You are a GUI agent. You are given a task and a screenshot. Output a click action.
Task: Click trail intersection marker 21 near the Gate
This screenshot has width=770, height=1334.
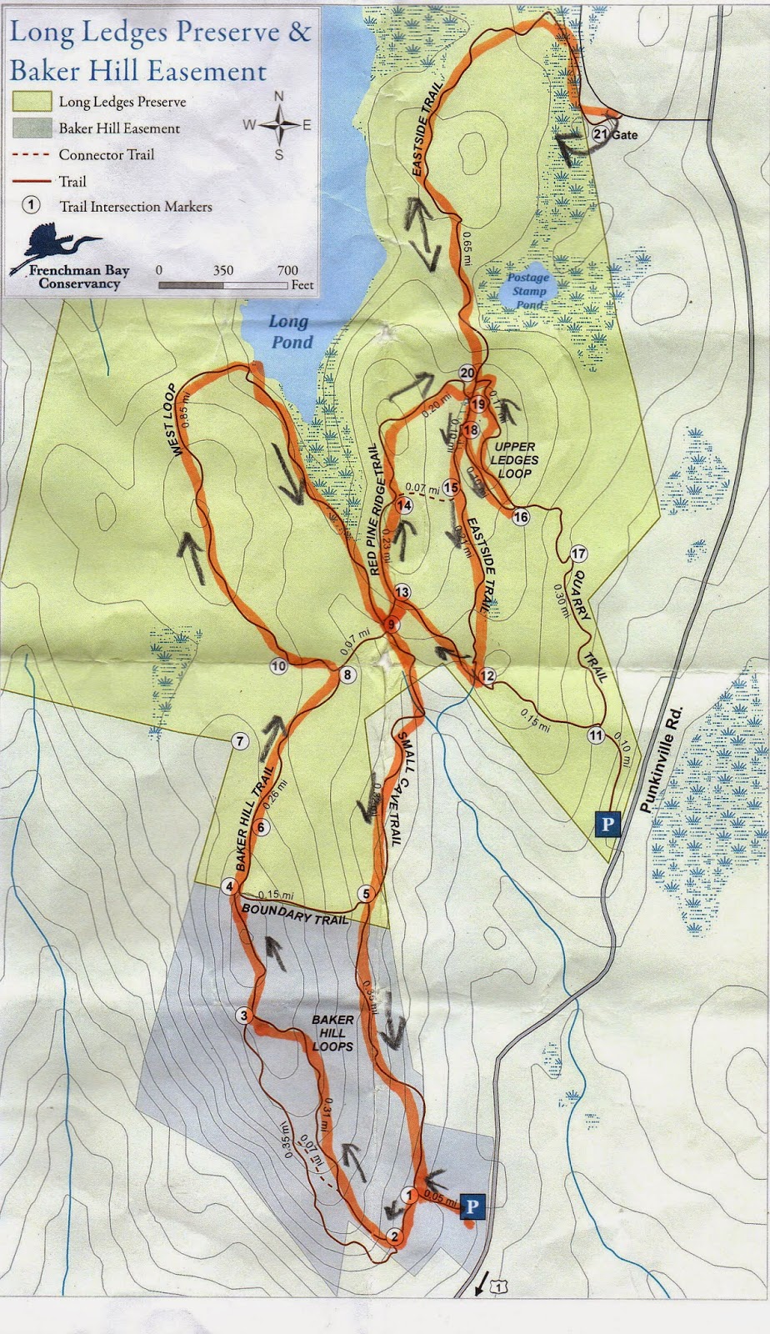tap(600, 133)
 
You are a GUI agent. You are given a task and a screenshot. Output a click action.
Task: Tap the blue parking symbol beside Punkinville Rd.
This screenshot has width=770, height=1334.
tap(607, 825)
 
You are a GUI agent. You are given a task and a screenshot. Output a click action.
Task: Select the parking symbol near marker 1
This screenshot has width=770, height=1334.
tap(472, 1206)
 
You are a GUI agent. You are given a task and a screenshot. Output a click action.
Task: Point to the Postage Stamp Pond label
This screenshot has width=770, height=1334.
tap(528, 291)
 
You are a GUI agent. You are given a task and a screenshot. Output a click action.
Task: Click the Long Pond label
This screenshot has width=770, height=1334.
tap(290, 332)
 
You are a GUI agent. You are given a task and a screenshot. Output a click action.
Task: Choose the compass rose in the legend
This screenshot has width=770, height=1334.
tap(279, 125)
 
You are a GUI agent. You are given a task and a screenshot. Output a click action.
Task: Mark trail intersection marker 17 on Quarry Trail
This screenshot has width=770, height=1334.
tap(578, 554)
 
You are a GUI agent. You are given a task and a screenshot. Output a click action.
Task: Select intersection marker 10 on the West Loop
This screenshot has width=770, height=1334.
tap(278, 665)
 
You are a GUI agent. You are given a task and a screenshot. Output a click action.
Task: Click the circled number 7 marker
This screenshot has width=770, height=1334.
tap(240, 741)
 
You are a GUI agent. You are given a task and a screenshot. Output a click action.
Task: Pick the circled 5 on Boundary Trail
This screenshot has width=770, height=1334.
tap(365, 894)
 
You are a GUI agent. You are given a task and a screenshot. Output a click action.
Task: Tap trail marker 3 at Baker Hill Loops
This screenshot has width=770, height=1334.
tap(243, 1016)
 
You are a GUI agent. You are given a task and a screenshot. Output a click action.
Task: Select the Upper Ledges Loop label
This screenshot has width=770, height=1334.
tap(514, 460)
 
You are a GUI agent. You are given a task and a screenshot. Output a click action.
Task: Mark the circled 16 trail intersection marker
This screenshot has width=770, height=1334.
tap(521, 517)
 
